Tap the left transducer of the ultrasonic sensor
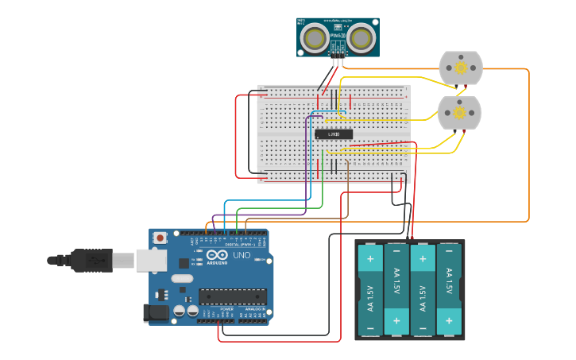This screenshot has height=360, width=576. click(x=314, y=37)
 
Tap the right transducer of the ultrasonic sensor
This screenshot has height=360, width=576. click(x=362, y=37)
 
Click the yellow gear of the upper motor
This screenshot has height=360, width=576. click(x=461, y=68)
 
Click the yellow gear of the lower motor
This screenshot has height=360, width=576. click(x=460, y=113)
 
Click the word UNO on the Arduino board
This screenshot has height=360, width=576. click(x=242, y=256)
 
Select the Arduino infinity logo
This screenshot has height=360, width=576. click(x=217, y=256)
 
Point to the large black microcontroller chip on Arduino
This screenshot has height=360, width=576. click(x=233, y=296)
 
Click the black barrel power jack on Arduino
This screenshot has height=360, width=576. click(x=156, y=313)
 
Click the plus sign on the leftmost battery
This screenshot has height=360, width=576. click(x=369, y=258)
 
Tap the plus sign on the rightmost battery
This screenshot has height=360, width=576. click(x=449, y=321)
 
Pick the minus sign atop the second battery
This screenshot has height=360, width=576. click(x=396, y=251)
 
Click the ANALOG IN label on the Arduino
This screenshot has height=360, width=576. click(x=254, y=308)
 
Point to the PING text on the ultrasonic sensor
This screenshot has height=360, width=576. click(x=336, y=35)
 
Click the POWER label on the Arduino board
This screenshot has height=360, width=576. click(x=216, y=308)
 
